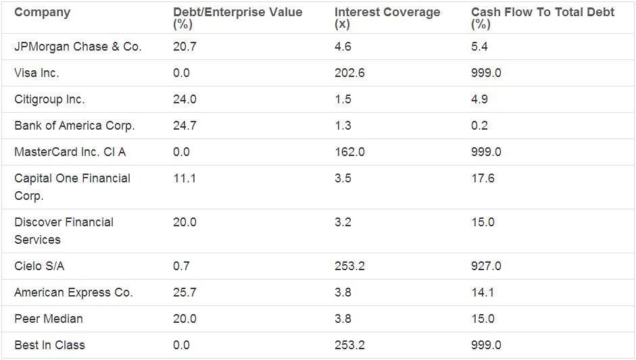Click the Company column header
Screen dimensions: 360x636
click(x=42, y=12)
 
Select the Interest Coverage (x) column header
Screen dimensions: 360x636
click(x=387, y=18)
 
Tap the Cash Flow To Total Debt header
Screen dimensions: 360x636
click(x=542, y=18)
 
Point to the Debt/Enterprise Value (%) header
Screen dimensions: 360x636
click(x=237, y=18)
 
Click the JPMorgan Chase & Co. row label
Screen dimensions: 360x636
click(x=78, y=47)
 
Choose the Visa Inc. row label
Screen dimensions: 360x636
click(x=36, y=73)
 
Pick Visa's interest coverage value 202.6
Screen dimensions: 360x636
click(x=349, y=73)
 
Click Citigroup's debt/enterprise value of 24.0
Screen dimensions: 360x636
click(x=185, y=99)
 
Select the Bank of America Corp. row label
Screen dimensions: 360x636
click(x=74, y=126)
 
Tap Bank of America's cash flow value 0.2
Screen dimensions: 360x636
click(x=479, y=126)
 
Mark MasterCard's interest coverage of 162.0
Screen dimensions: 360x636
click(x=349, y=152)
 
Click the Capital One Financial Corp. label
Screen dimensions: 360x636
click(x=72, y=186)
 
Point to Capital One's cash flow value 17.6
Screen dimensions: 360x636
click(x=483, y=178)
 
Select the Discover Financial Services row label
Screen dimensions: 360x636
click(x=64, y=230)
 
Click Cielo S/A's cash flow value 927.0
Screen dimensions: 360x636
click(x=486, y=266)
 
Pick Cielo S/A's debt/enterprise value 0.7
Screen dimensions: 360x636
click(x=181, y=266)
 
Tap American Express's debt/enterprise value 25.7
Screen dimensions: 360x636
click(x=185, y=292)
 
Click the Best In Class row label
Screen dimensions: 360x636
click(x=49, y=345)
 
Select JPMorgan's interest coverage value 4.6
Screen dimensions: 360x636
click(x=343, y=47)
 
